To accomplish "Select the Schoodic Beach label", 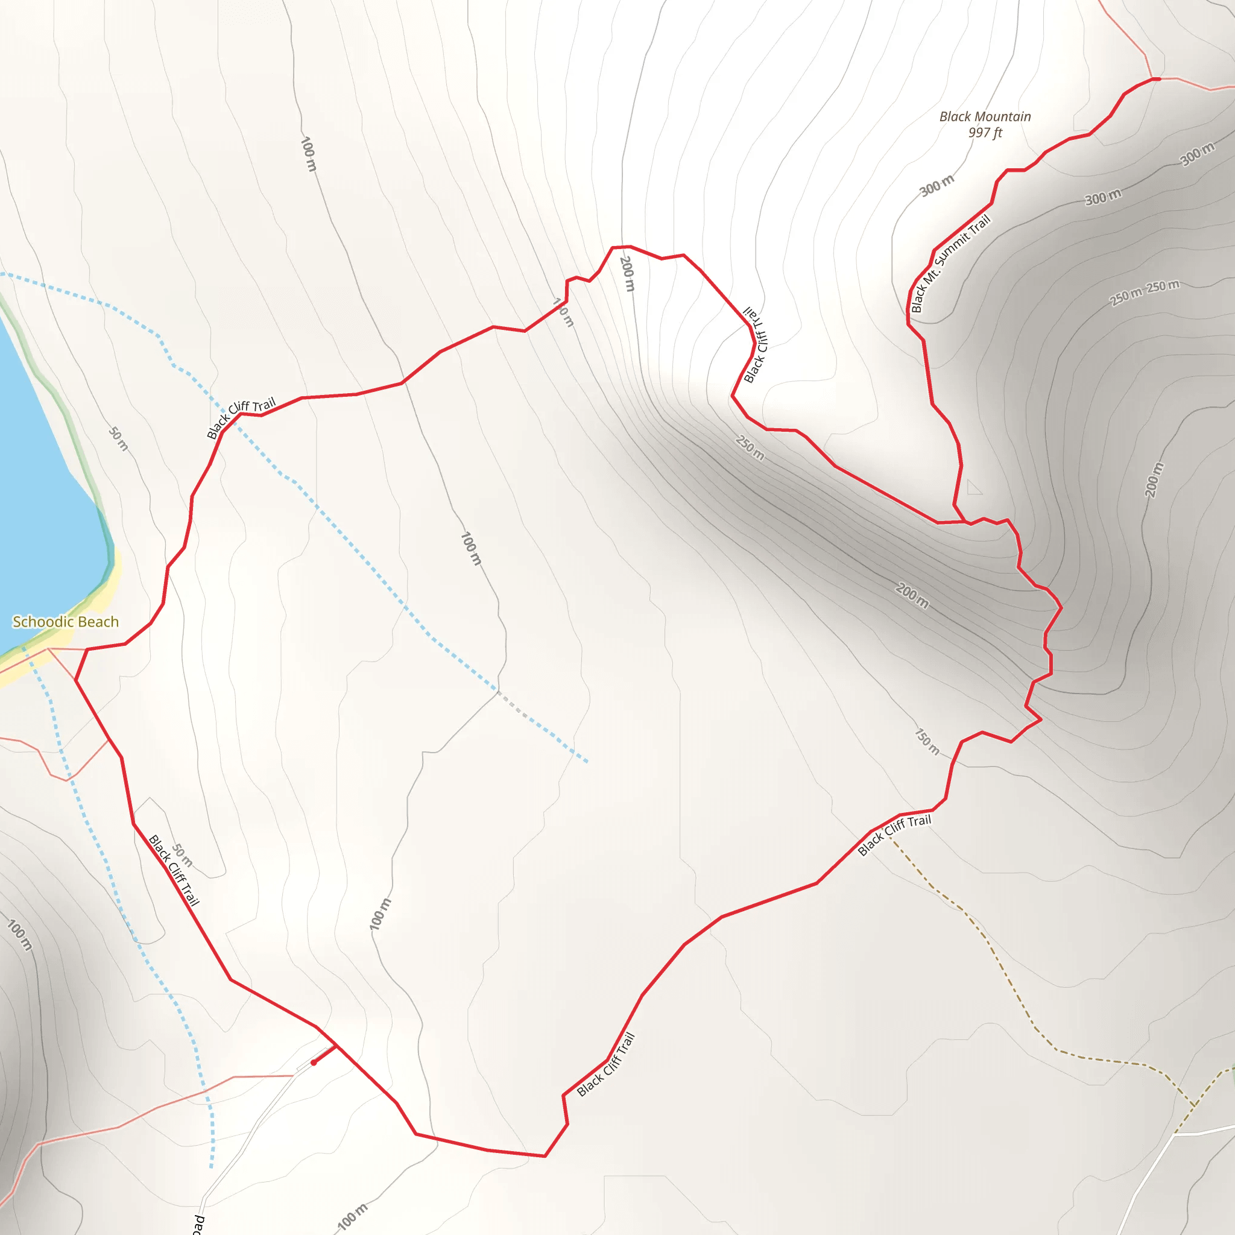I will pyautogui.click(x=66, y=622).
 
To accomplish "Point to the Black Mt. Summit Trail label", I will pyautogui.click(x=950, y=264).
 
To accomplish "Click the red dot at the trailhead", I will pyautogui.click(x=314, y=1063).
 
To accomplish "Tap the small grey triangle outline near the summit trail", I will pyautogui.click(x=973, y=488).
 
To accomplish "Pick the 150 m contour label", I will pyautogui.click(x=926, y=742).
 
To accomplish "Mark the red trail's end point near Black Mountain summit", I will pyautogui.click(x=1157, y=79).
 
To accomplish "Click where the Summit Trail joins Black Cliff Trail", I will pyautogui.click(x=965, y=522).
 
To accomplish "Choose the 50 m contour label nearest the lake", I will pyautogui.click(x=118, y=439).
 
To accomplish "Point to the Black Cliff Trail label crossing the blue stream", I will pyautogui.click(x=241, y=417).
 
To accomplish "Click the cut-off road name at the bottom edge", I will pyautogui.click(x=199, y=1224).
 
